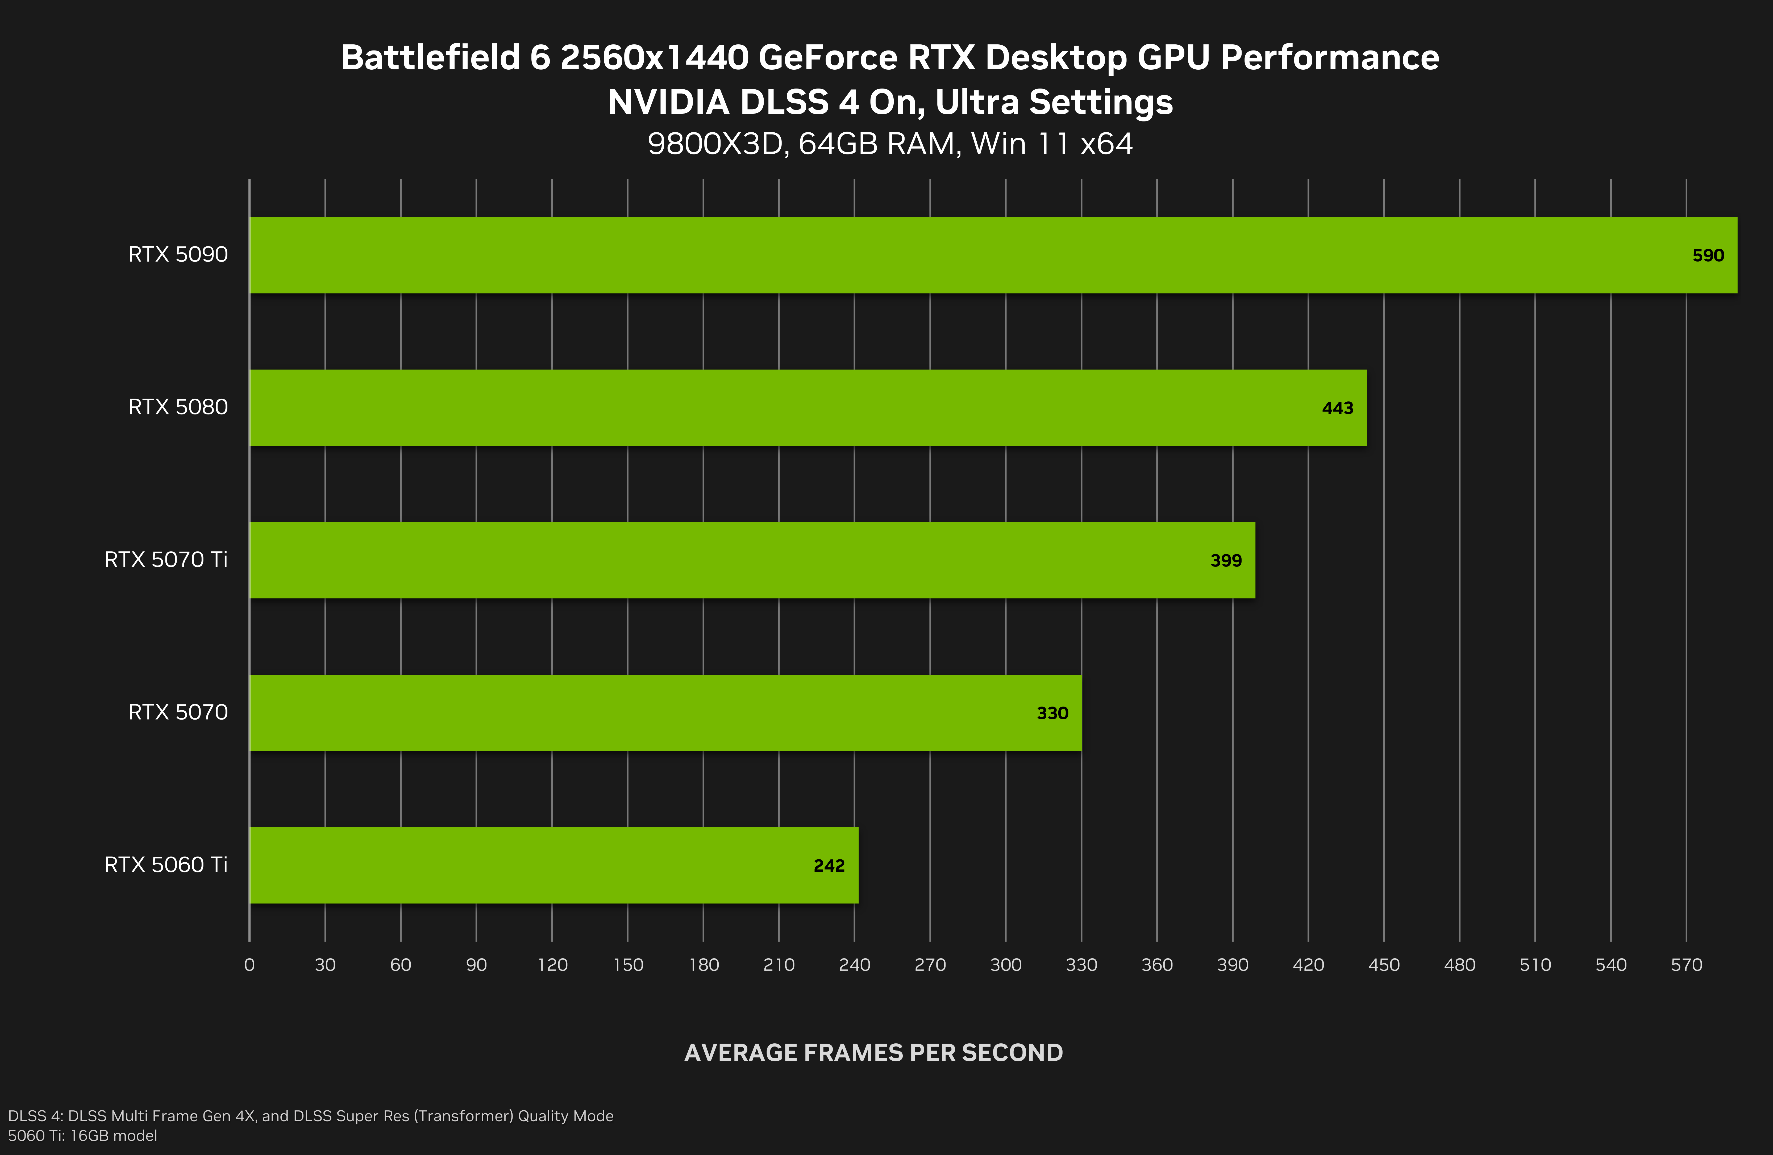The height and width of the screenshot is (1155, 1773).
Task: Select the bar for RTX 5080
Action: click(x=808, y=408)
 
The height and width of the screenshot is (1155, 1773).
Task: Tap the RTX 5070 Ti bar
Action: click(x=752, y=560)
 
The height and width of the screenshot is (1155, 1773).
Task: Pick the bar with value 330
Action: click(x=665, y=713)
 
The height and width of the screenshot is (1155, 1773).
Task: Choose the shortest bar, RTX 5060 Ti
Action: click(x=553, y=865)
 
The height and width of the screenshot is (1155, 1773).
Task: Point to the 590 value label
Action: click(x=1708, y=255)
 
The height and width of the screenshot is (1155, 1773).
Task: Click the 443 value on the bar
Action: click(x=1337, y=408)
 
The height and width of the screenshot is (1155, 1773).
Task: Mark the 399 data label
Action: click(x=1225, y=561)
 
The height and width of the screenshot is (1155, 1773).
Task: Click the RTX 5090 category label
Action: click(x=178, y=255)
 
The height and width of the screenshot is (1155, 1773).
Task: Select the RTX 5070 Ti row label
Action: click(x=165, y=559)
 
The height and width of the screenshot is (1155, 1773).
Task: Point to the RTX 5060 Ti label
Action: click(x=165, y=864)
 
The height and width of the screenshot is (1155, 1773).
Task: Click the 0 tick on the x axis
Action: click(x=249, y=965)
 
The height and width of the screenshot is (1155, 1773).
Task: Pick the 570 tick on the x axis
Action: click(x=1686, y=965)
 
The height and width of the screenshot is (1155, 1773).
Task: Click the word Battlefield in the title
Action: click(x=430, y=57)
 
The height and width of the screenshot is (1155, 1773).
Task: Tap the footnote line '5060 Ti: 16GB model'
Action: click(x=83, y=1136)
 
